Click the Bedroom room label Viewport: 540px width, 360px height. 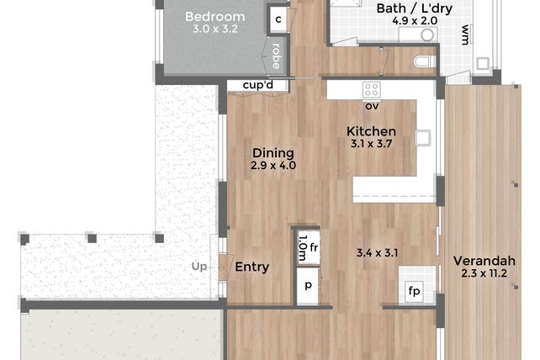214,17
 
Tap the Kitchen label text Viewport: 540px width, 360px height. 371,131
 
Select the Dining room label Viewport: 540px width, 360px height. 273,153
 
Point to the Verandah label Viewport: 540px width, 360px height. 484,261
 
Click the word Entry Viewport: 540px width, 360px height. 252,267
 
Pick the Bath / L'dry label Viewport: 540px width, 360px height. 415,8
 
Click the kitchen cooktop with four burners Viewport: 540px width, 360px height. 372,90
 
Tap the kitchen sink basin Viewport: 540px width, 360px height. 423,138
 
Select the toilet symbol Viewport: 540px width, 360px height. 424,62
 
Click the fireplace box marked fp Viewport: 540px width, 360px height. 414,291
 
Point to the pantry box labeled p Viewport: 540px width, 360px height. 308,286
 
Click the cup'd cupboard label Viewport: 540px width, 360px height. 258,85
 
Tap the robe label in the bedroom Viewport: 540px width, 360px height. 276,56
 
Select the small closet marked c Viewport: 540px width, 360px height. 278,19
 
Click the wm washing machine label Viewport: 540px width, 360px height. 465,34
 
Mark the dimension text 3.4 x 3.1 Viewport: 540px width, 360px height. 378,253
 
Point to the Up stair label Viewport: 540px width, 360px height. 199,267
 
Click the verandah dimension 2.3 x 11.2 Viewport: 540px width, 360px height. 484,273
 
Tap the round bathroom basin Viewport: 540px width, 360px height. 427,34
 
